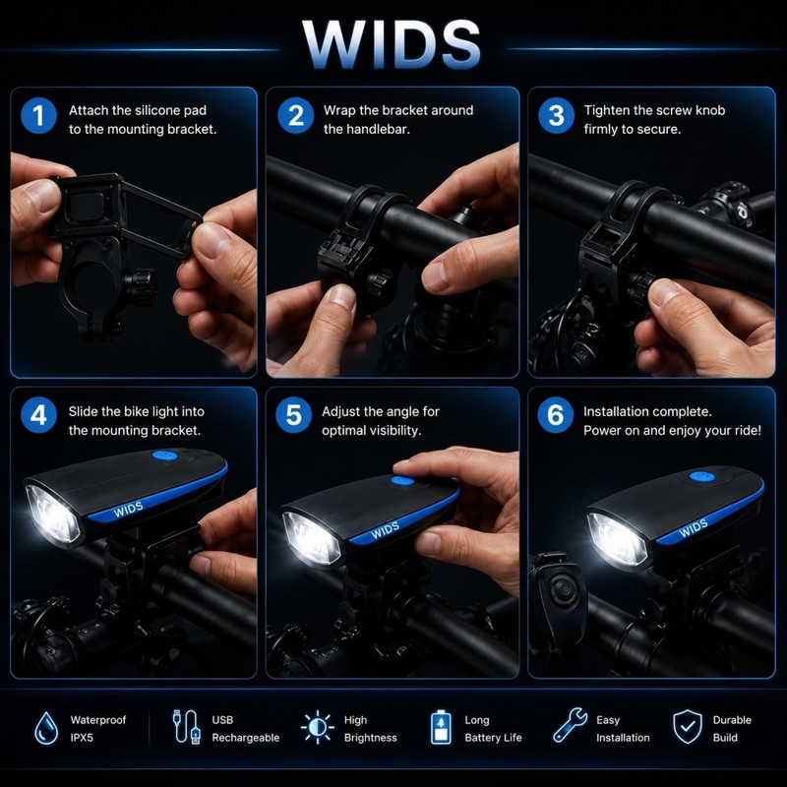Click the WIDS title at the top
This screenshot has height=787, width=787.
(392, 44)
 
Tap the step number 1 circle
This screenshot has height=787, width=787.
(38, 116)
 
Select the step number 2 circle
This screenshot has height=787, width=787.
(296, 115)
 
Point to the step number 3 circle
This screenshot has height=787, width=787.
(556, 115)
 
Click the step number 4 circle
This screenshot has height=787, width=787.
(38, 415)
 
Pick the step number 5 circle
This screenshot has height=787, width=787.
(293, 415)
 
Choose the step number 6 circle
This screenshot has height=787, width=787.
(555, 415)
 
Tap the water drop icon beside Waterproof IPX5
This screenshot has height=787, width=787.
(46, 728)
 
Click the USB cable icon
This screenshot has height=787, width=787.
(186, 726)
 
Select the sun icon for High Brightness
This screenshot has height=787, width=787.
(317, 727)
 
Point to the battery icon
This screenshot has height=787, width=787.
(441, 727)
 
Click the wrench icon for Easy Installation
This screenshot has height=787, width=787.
(570, 725)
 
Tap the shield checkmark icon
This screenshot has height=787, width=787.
(687, 727)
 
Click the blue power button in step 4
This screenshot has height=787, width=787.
(164, 455)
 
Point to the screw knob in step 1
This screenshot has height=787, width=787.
(142, 287)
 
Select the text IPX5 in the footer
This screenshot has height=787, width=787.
(82, 738)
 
